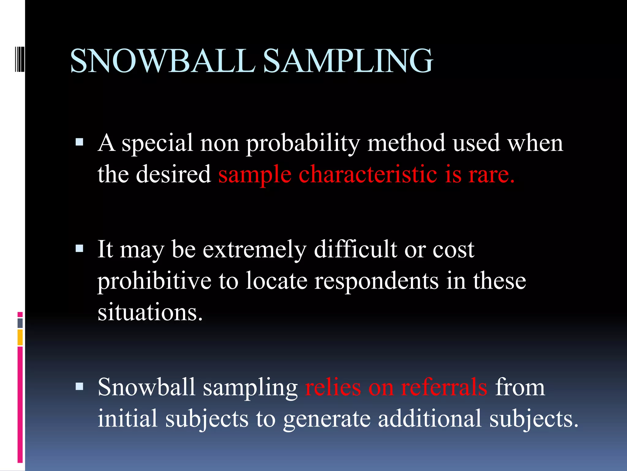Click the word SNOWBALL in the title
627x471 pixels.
[162, 61]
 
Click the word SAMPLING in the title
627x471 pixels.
[348, 61]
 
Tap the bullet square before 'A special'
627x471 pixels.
[79, 142]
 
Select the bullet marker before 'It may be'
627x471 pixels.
[79, 248]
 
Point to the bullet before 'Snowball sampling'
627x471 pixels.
[79, 386]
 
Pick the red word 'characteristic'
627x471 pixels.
[367, 174]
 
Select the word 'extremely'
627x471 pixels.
[254, 249]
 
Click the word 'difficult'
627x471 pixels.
[355, 249]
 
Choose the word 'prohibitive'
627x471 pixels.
[154, 281]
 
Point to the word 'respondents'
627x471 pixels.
[376, 281]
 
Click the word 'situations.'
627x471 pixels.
[150, 312]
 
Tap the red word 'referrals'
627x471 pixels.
[444, 387]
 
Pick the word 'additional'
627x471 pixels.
[430, 419]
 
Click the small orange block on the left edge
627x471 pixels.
[20, 337]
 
